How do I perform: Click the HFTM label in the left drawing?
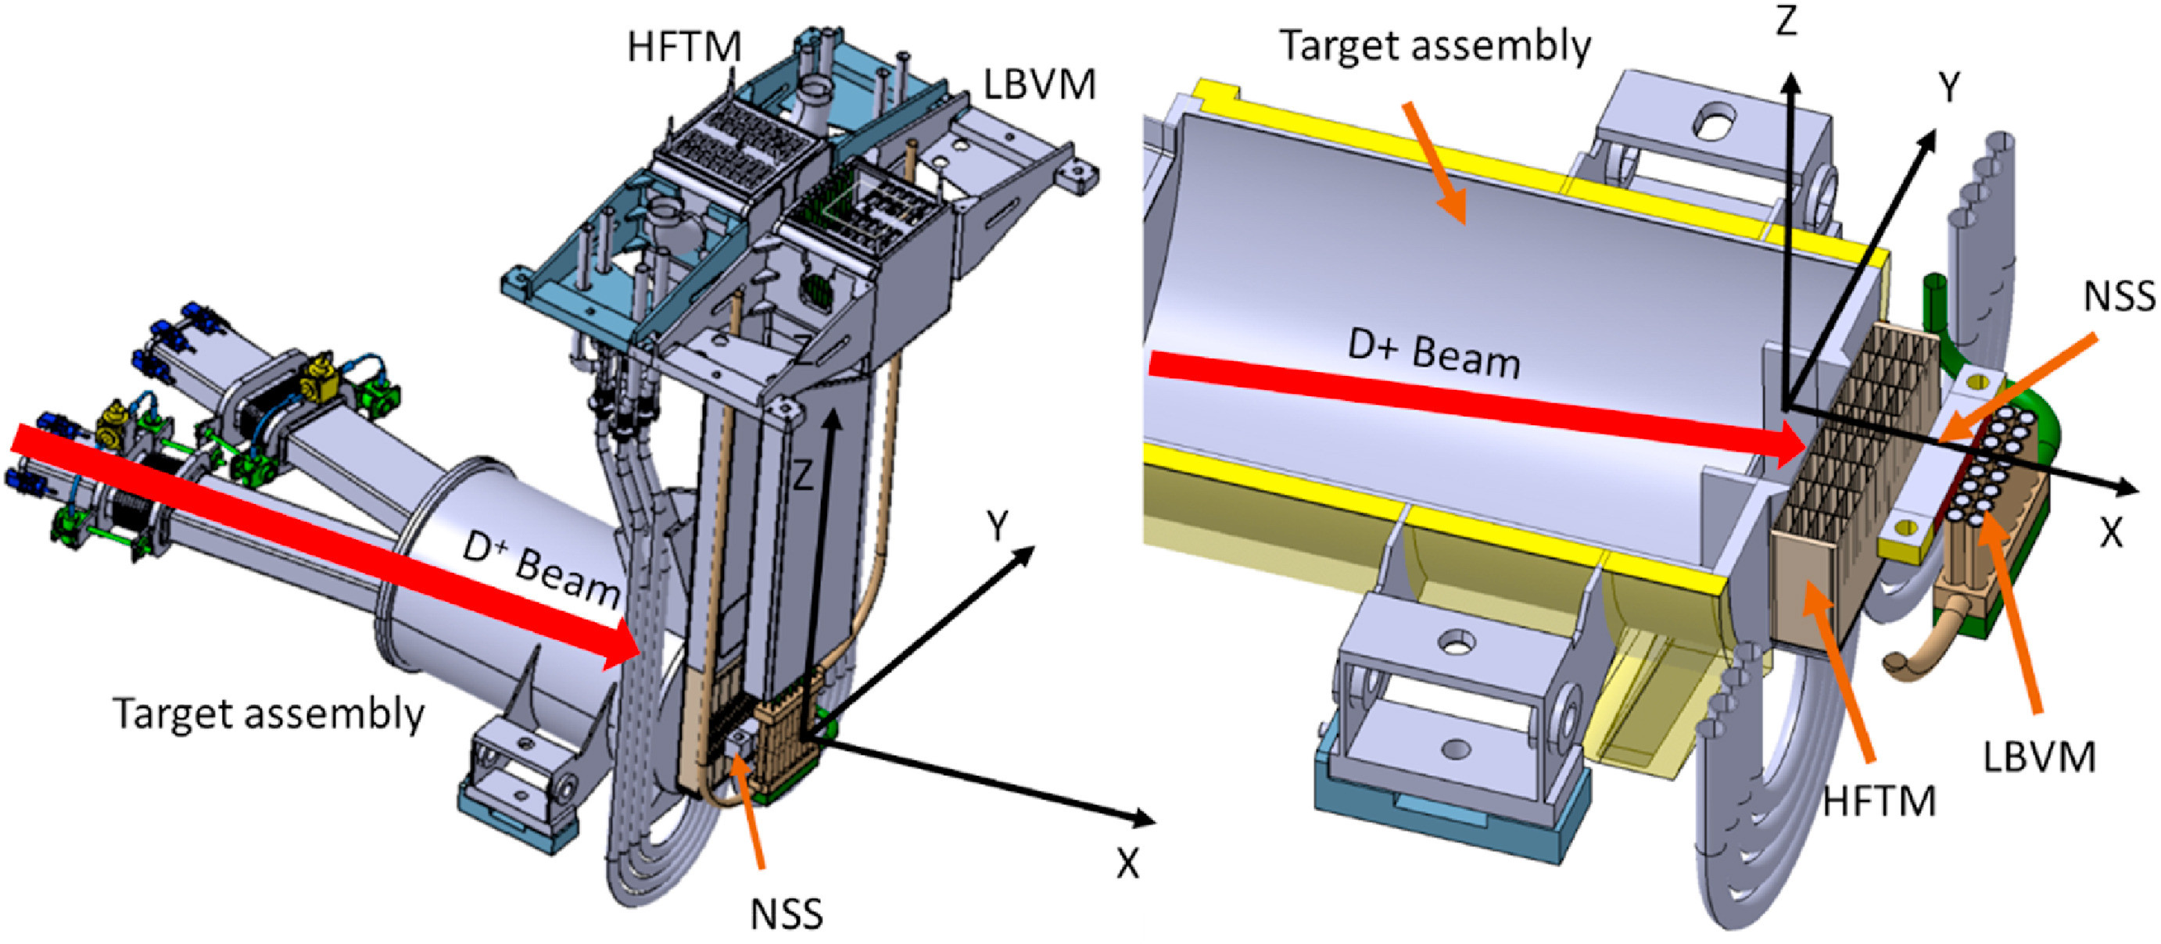(x=683, y=47)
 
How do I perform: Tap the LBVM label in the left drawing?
(x=1038, y=84)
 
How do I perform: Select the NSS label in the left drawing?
(x=786, y=913)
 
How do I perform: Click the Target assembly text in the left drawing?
(x=268, y=714)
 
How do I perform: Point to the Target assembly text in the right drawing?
(x=1435, y=46)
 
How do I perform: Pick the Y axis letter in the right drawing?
(x=1949, y=88)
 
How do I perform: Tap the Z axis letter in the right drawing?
(x=1786, y=19)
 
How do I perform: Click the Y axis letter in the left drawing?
(x=998, y=527)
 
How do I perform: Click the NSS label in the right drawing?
(x=2119, y=296)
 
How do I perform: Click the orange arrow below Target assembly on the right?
(x=1436, y=163)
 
